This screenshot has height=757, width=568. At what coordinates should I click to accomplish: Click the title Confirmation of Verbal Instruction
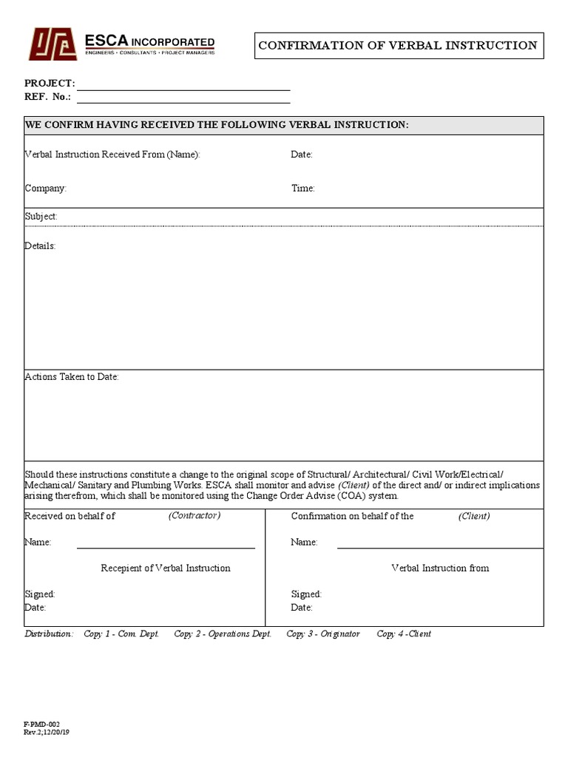point(398,46)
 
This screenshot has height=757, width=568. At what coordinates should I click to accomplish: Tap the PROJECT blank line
point(183,87)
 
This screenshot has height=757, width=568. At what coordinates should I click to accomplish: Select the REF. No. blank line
point(183,101)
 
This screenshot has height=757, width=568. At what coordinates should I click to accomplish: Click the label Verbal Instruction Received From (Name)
point(112,155)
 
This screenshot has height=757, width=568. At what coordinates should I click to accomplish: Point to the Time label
point(302,189)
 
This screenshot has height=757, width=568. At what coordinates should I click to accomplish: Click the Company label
point(46,189)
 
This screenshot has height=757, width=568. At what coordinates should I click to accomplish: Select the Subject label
point(41,217)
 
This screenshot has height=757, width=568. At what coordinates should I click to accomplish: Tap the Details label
point(40,246)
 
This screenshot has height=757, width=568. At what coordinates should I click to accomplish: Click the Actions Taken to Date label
point(72,377)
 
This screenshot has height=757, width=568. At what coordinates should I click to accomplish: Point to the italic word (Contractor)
point(194,515)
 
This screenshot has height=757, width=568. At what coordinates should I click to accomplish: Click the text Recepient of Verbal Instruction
point(166,568)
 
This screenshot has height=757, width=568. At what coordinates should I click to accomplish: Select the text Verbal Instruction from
point(439,568)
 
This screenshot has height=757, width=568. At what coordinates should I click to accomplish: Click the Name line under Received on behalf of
point(166,546)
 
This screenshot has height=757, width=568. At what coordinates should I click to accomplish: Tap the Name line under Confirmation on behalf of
point(439,546)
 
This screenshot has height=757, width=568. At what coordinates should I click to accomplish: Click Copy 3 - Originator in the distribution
point(323,634)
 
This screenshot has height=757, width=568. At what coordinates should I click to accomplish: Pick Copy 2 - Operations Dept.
point(223,634)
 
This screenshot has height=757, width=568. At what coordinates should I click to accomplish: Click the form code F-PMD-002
point(41,724)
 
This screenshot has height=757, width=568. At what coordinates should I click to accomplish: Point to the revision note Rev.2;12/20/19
point(47,733)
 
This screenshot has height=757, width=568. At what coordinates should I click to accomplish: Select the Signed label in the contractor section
point(40,594)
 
